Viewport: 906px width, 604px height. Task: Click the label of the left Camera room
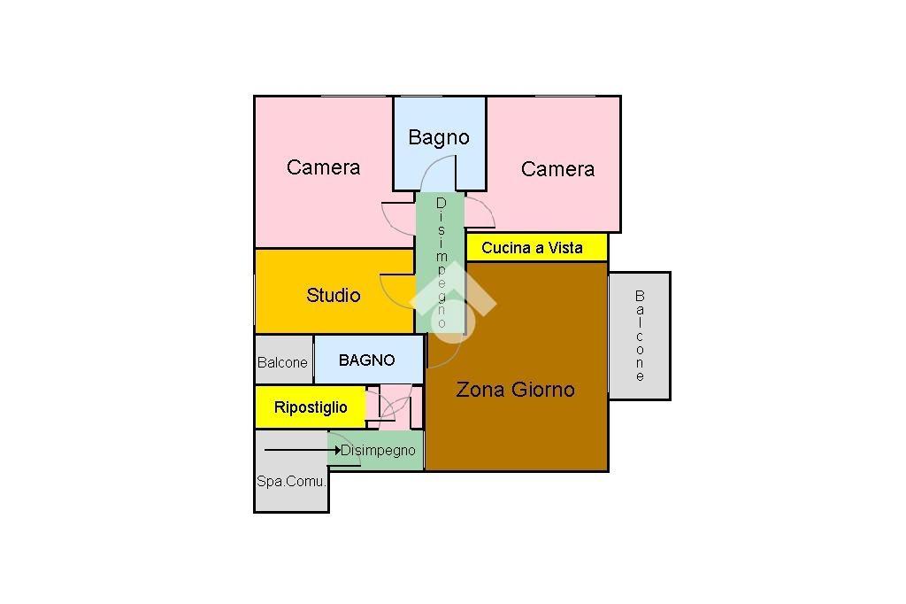[x=323, y=167]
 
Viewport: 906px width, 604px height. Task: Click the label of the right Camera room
[x=557, y=169]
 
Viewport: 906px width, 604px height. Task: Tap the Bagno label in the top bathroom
[x=438, y=137]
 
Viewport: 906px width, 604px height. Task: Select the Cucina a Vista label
[x=532, y=248]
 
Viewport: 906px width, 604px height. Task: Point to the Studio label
[x=334, y=295]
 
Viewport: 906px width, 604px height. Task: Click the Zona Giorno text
[x=515, y=389]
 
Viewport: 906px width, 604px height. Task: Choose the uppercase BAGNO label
[x=366, y=360]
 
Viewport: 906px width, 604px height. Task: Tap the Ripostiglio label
[x=311, y=407]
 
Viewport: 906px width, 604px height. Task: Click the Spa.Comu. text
[x=291, y=483]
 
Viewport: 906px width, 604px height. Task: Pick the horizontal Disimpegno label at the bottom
[x=378, y=451]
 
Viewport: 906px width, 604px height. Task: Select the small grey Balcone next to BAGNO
[x=282, y=362]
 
